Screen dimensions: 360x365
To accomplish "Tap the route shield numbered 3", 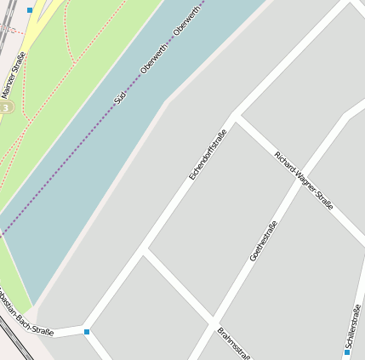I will coord(6,108).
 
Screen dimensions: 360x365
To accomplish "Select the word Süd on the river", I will coord(120,97).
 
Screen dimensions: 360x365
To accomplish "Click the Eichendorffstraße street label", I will coord(208,154).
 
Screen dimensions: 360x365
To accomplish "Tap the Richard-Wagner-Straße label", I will coord(303,180).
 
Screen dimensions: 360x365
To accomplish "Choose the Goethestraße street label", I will coord(263,241).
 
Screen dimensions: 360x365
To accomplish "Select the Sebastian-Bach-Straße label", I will coord(26,318).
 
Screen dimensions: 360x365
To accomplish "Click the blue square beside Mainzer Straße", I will coord(30,10).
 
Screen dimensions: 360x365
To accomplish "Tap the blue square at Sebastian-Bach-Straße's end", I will coord(87,331).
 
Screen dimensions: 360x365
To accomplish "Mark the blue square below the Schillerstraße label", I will coord(347,351).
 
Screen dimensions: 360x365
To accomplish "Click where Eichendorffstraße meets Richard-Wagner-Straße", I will coord(234,117).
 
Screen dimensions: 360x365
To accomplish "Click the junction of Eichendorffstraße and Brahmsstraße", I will coord(145,252).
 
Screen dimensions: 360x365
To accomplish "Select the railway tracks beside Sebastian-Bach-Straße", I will coord(17,340).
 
